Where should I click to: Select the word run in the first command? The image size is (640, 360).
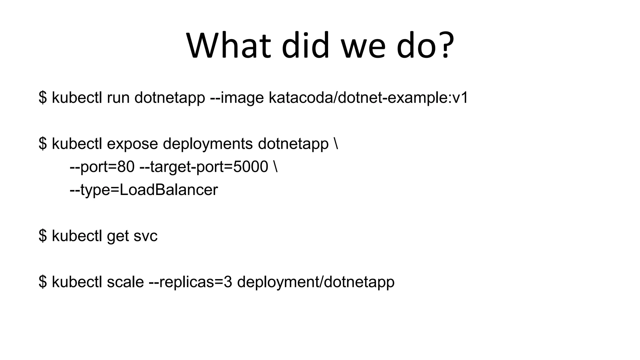pyautogui.click(x=118, y=98)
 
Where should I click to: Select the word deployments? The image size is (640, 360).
pyautogui.click(x=208, y=144)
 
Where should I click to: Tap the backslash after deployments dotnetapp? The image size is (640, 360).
pyautogui.click(x=336, y=144)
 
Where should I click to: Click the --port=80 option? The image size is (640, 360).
pyautogui.click(x=102, y=167)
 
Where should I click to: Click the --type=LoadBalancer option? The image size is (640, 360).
pyautogui.click(x=144, y=190)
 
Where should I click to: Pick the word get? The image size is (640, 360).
pyautogui.click(x=118, y=236)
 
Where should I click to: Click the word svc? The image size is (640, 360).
pyautogui.click(x=145, y=236)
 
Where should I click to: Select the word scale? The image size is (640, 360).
pyautogui.click(x=125, y=282)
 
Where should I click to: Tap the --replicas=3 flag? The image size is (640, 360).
pyautogui.click(x=191, y=282)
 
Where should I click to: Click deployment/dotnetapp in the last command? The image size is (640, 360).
pyautogui.click(x=316, y=282)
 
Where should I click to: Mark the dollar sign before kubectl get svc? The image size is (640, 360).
pyautogui.click(x=43, y=236)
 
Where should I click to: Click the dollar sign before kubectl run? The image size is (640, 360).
pyautogui.click(x=43, y=98)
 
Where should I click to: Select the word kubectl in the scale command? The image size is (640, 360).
pyautogui.click(x=77, y=282)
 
